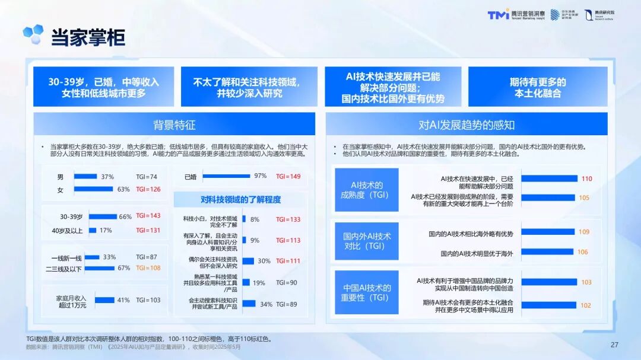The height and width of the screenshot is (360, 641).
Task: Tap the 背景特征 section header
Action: pyautogui.click(x=174, y=125)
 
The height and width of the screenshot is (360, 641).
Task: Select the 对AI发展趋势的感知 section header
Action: pyautogui.click(x=467, y=125)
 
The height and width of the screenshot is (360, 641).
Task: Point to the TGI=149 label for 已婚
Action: pyautogui.click(x=288, y=176)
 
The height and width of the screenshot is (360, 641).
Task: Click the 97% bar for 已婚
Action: pyautogui.click(x=226, y=176)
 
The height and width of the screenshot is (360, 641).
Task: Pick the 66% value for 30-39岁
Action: pyautogui.click(x=125, y=216)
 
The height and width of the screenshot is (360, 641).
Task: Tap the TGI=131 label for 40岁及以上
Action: pyautogui.click(x=148, y=230)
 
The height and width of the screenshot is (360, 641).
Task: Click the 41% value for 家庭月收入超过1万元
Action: pyautogui.click(x=123, y=300)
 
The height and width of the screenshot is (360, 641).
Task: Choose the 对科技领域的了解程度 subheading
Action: pyautogui.click(x=240, y=199)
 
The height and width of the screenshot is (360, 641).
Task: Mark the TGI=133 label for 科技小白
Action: pyautogui.click(x=288, y=219)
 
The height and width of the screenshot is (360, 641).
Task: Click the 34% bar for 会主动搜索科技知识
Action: pyautogui.click(x=249, y=304)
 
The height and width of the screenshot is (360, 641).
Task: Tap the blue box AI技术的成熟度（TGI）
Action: pyautogui.click(x=366, y=190)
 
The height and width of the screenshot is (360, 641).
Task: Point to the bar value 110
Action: pyautogui.click(x=586, y=179)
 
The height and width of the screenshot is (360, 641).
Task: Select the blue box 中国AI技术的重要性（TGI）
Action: pyautogui.click(x=366, y=292)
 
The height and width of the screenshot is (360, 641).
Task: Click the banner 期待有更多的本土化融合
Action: pyautogui.click(x=537, y=87)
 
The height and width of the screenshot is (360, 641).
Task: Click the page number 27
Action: pyautogui.click(x=614, y=345)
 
